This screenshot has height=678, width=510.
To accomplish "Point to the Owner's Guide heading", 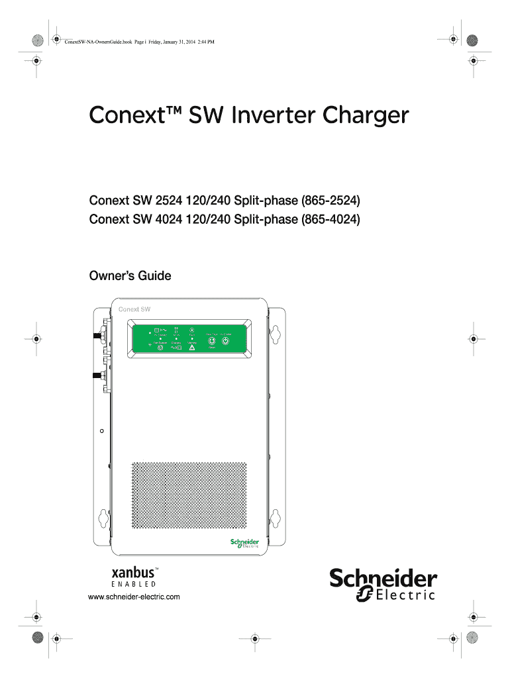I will (x=130, y=275).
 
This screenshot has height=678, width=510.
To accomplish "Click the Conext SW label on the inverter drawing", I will (x=134, y=309).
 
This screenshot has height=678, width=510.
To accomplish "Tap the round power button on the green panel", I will (x=225, y=342).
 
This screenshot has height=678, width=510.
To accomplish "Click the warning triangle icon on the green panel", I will (x=191, y=346).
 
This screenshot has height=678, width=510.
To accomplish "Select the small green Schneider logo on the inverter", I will (x=244, y=542).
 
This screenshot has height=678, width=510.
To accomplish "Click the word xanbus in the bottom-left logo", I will (x=134, y=571).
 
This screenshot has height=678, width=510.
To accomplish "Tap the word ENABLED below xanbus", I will (x=134, y=585).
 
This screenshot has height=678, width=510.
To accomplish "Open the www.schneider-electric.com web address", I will (x=134, y=597).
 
